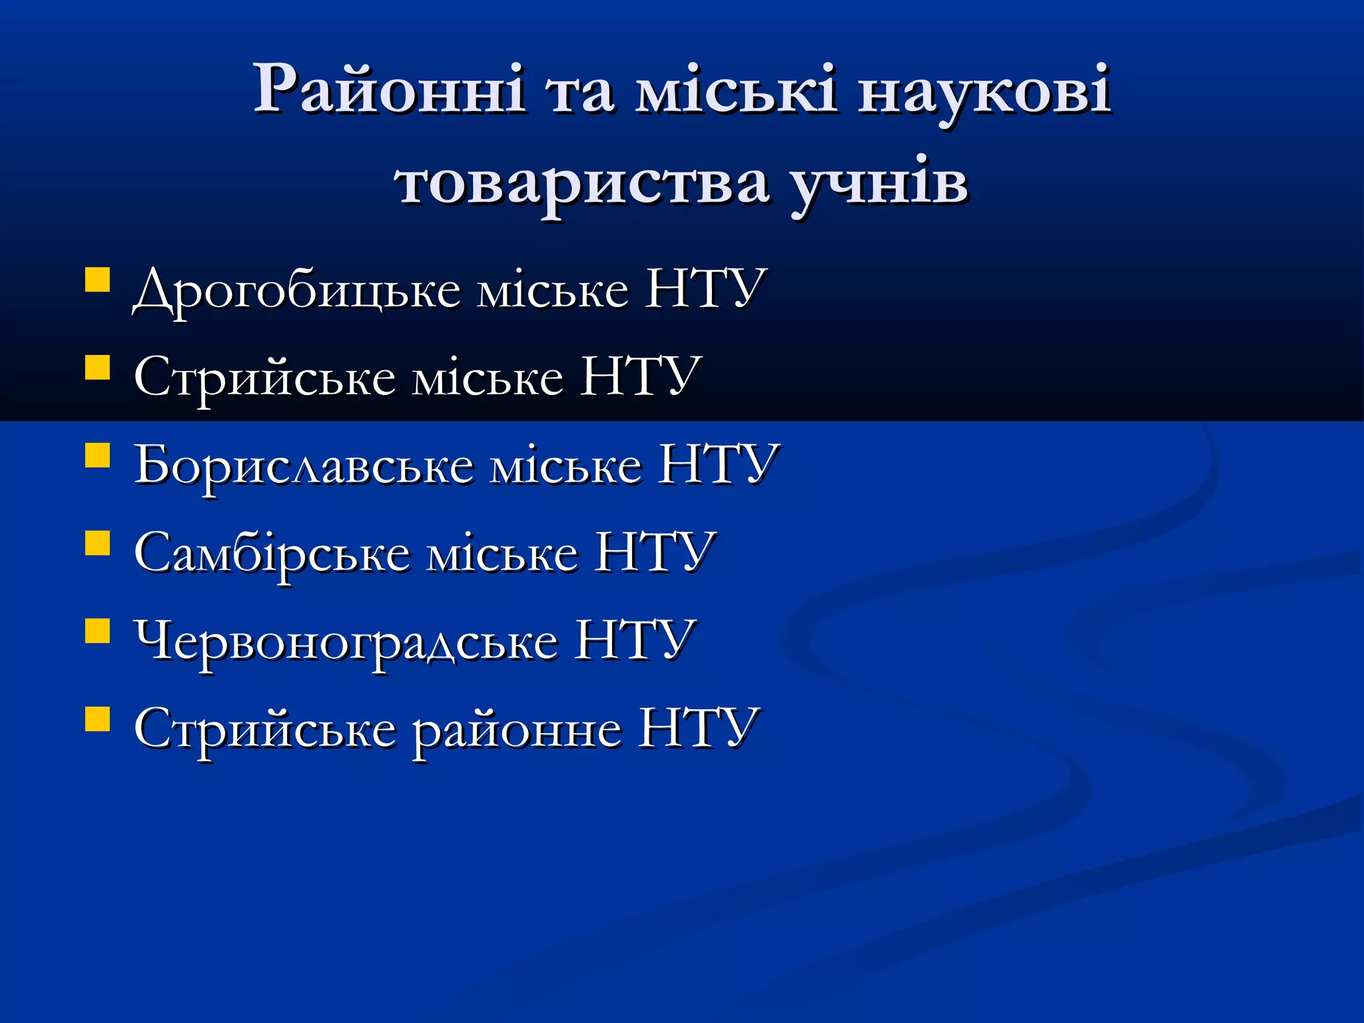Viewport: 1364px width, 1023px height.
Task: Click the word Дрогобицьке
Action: coord(297,290)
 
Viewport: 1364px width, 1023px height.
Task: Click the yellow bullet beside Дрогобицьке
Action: coord(97,280)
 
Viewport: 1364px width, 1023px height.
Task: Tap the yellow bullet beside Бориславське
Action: coord(97,456)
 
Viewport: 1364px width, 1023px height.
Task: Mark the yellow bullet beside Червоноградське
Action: coord(97,631)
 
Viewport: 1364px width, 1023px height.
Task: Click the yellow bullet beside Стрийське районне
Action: coord(97,719)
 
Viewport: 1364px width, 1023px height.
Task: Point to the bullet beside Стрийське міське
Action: coord(97,367)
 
